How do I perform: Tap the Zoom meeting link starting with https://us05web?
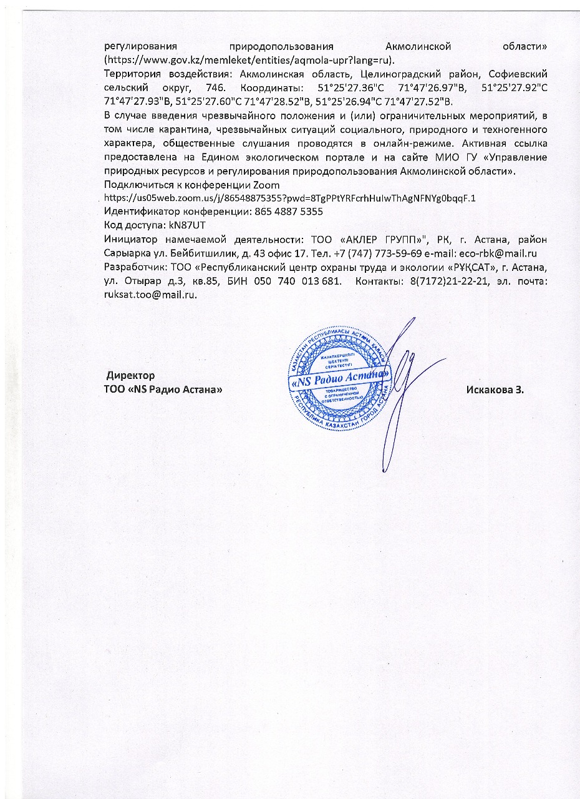click(x=290, y=198)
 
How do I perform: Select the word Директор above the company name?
click(x=130, y=376)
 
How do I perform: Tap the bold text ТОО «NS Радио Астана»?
click(x=163, y=390)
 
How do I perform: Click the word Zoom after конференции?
click(x=266, y=185)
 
